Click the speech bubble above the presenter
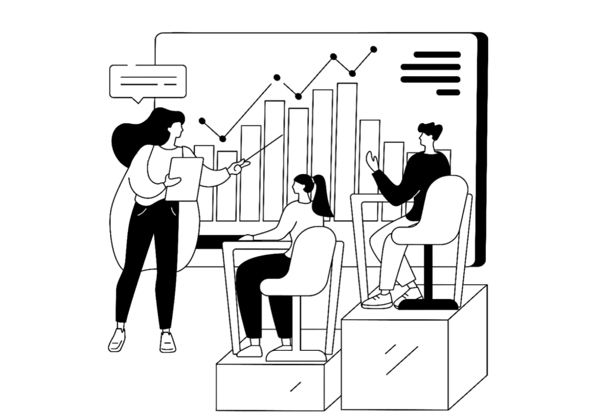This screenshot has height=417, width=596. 148,80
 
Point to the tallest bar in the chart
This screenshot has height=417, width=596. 346,149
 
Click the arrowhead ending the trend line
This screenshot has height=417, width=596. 374,49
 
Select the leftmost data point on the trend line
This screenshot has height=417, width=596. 202,122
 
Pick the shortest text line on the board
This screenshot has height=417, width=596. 448,92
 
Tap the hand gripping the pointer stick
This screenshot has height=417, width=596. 235,169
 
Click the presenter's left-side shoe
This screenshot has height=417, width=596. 117,337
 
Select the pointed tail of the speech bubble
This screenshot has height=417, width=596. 139,101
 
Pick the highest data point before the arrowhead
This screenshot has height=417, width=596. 334,57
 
